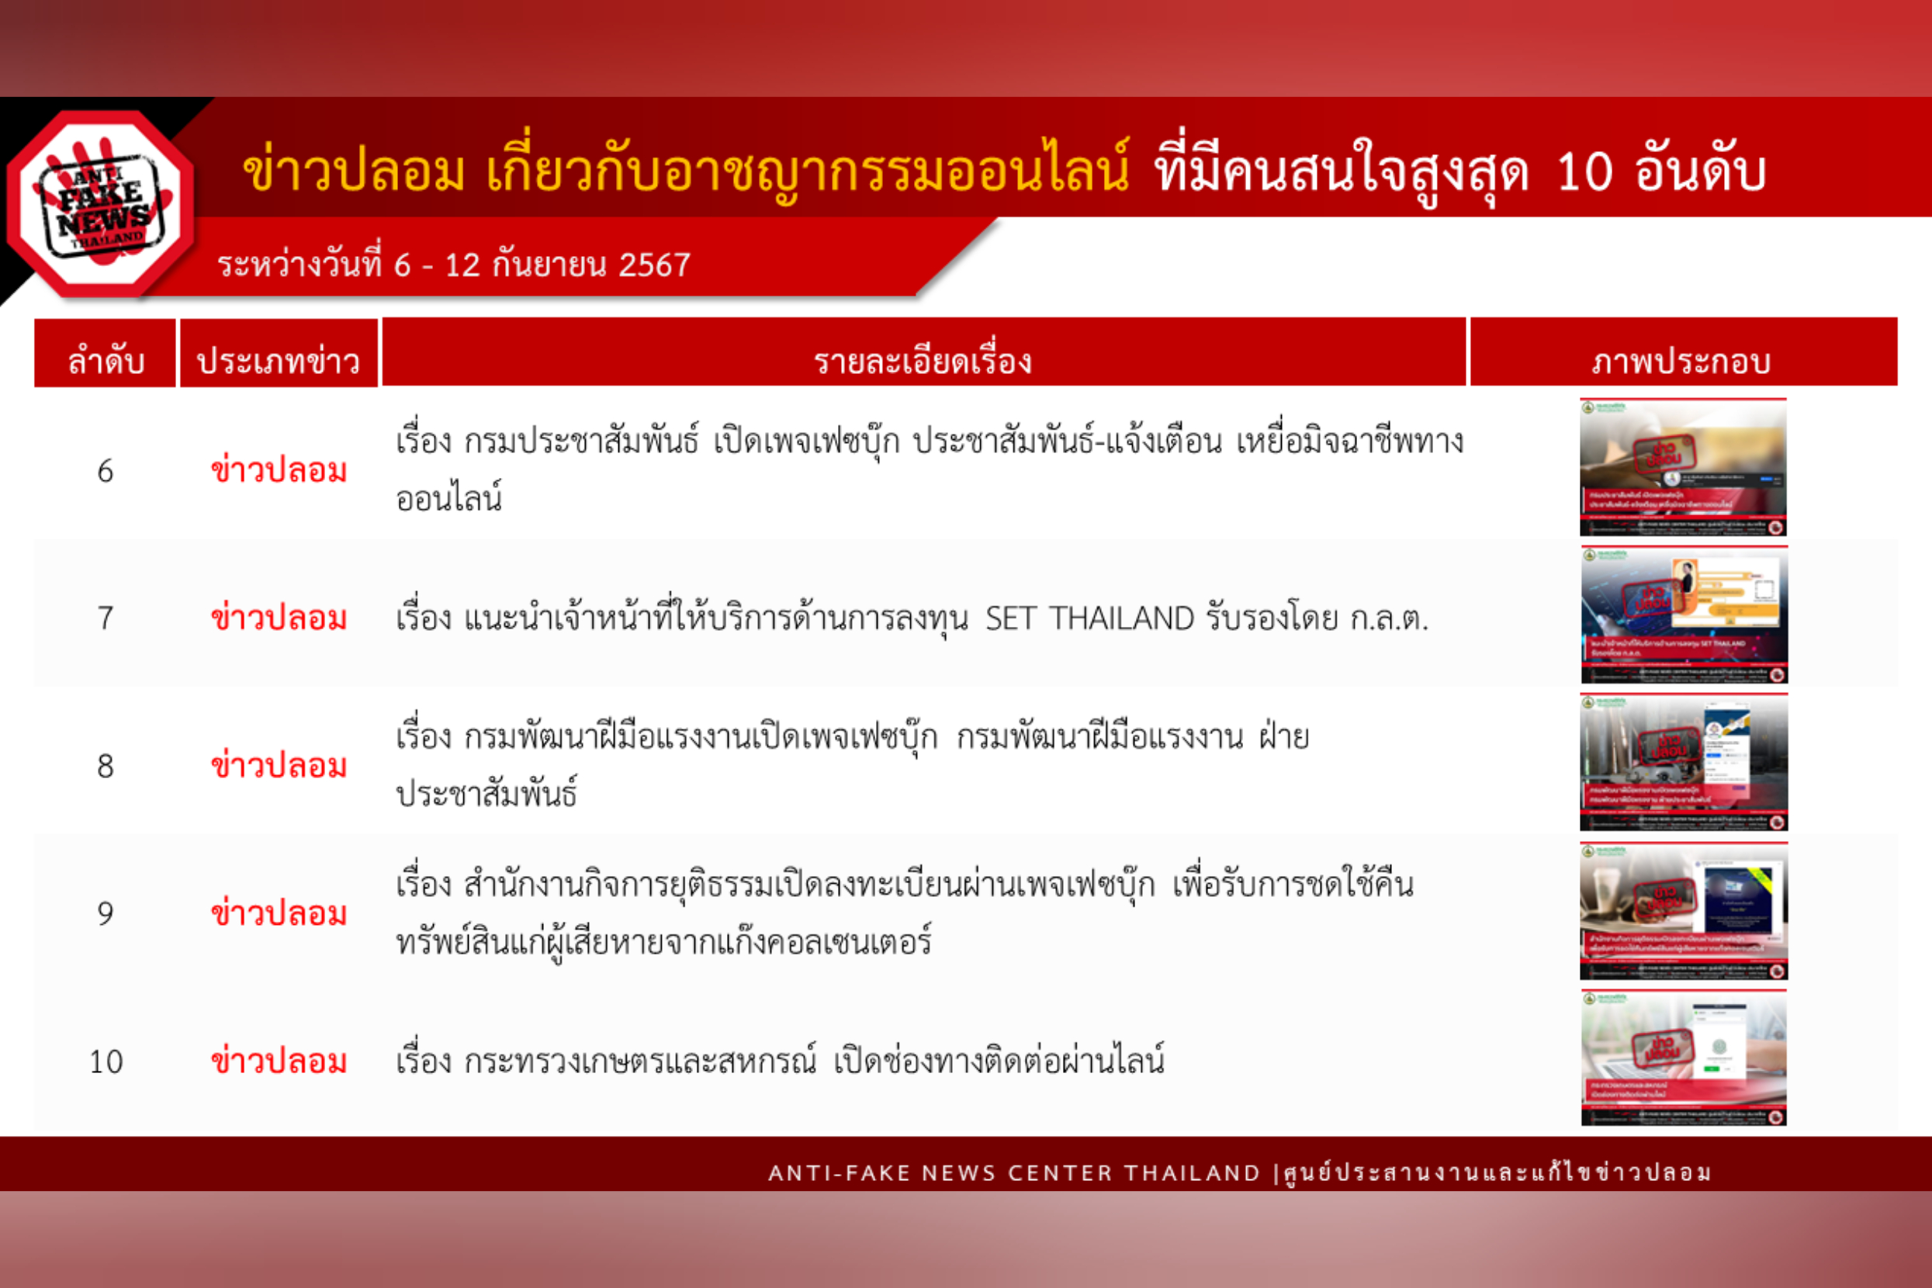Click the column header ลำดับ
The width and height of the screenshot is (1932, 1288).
point(106,361)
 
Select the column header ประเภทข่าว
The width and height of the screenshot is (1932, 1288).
point(279,361)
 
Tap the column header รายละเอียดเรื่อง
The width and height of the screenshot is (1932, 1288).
point(923,361)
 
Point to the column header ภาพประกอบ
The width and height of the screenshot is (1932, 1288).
point(1681,361)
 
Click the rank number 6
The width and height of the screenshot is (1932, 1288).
point(106,472)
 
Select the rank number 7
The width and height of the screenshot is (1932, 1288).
point(106,618)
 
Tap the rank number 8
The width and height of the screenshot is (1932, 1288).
point(106,767)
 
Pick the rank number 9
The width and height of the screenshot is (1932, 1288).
point(106,913)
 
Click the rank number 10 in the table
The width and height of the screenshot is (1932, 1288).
point(106,1062)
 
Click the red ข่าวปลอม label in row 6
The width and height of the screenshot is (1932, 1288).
point(279,471)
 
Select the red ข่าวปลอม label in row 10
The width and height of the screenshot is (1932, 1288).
point(279,1061)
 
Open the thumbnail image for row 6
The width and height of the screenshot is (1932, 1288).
point(1683,466)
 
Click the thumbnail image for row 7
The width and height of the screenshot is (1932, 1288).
point(1684,615)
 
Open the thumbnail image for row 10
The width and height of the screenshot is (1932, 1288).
point(1684,1058)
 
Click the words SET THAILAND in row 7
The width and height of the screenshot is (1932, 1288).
point(1089,618)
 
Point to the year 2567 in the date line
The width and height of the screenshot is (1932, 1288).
point(654,265)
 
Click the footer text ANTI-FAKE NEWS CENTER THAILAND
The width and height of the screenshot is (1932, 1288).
point(1013,1173)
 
